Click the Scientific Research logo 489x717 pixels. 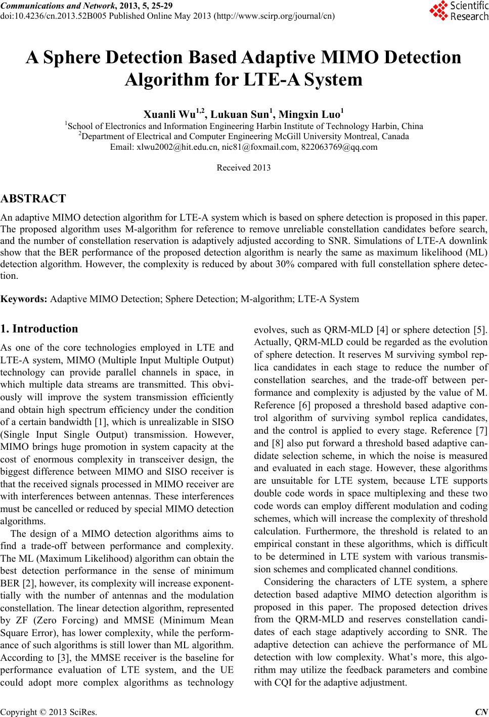[x=459, y=11]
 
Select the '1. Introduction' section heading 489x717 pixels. [x=39, y=329]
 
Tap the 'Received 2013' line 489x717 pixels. [x=243, y=167]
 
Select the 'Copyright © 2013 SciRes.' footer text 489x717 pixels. [x=49, y=711]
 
